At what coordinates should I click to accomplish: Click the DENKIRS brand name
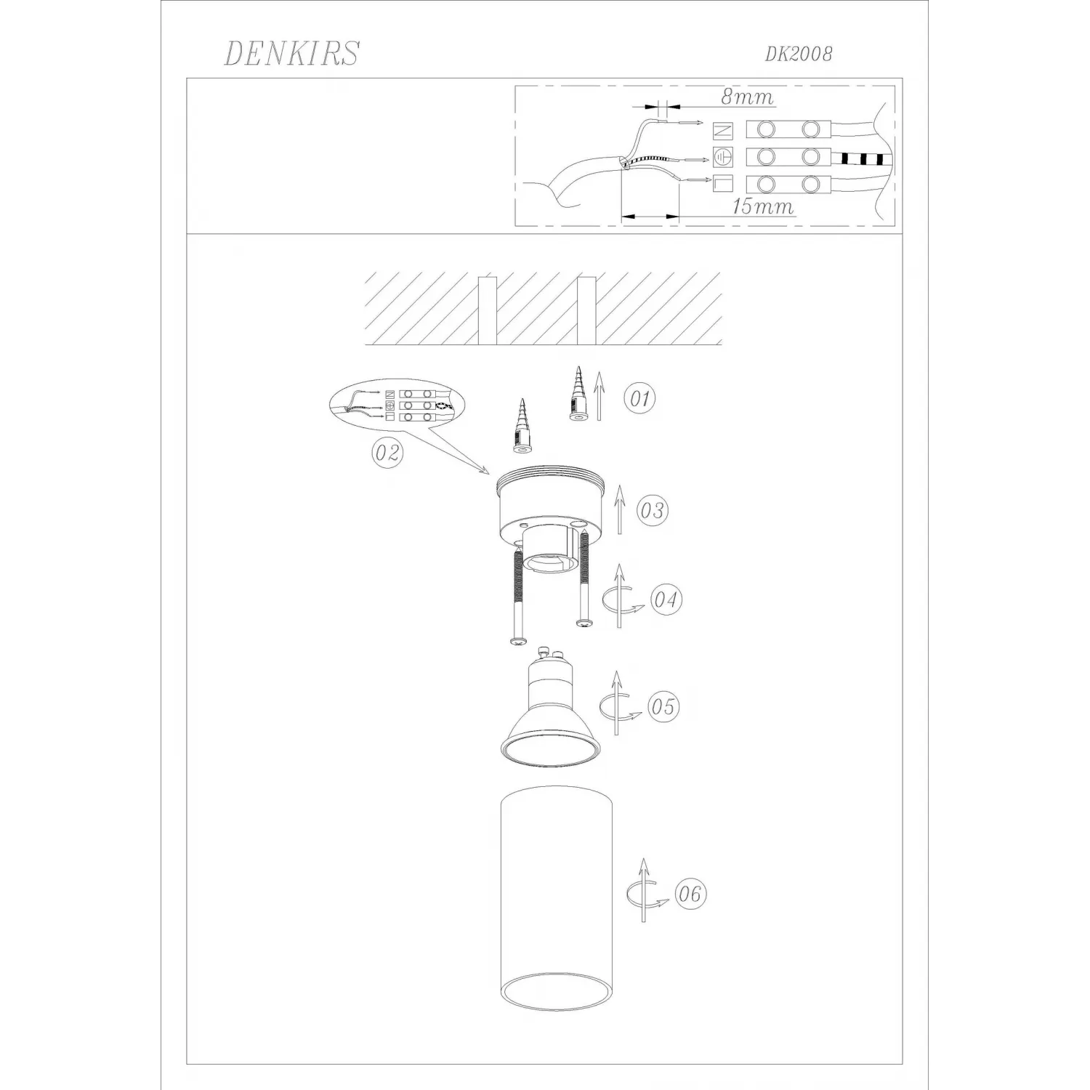pyautogui.click(x=291, y=53)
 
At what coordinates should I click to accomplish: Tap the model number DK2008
pyautogui.click(x=798, y=54)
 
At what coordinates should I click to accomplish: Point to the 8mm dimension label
pyautogui.click(x=747, y=97)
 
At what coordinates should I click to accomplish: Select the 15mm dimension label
pyautogui.click(x=762, y=206)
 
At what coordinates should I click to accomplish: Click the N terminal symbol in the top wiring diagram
pyautogui.click(x=724, y=131)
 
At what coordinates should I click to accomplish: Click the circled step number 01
pyautogui.click(x=640, y=398)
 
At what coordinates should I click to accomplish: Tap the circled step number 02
pyautogui.click(x=387, y=453)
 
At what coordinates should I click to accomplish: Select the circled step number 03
pyautogui.click(x=652, y=510)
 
